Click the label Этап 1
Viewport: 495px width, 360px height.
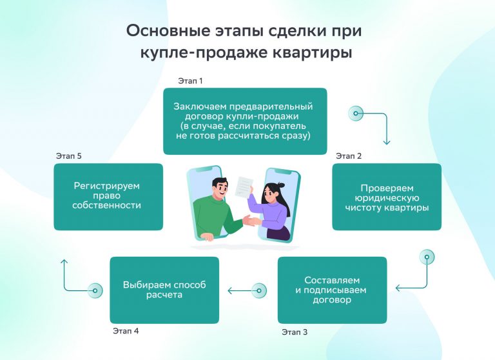point(190,81)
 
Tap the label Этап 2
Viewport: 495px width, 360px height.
point(349,156)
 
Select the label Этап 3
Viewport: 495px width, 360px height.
point(294,332)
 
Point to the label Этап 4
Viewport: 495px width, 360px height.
point(126,332)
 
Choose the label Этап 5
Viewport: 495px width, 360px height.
point(69,156)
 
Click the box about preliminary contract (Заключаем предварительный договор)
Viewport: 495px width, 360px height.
point(244,121)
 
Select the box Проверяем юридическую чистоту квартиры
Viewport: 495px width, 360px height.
point(386,197)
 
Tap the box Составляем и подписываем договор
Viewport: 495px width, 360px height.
point(332,290)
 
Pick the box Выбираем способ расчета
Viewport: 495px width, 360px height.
point(164,290)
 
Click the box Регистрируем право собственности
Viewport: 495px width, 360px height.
point(107,196)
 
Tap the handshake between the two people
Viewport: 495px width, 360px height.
point(250,221)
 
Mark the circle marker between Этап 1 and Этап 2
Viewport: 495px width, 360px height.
point(355,114)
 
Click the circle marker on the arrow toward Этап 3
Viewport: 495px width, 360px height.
point(426,257)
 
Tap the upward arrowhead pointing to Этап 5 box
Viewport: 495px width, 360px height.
point(64,262)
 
